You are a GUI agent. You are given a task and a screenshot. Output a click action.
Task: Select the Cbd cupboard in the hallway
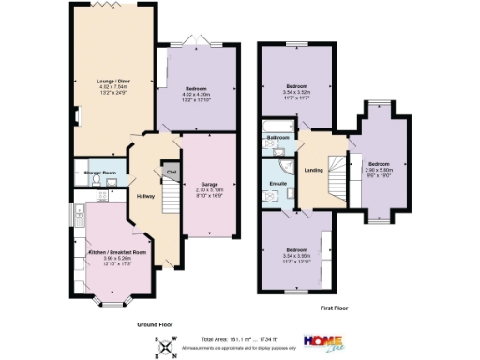171,172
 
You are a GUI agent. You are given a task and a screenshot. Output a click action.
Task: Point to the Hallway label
146,195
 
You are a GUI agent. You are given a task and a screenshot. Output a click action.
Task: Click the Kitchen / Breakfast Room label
117,252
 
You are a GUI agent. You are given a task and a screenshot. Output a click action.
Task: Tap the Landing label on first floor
315,169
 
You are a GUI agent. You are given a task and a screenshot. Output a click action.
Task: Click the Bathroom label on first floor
278,138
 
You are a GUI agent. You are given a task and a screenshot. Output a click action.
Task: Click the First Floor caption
338,307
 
